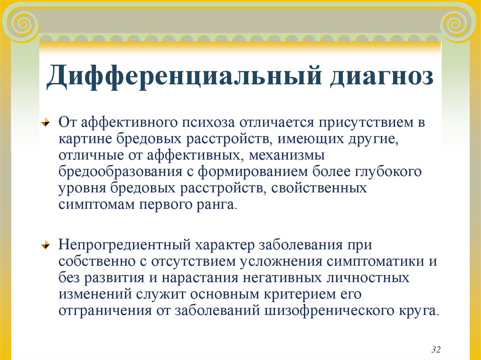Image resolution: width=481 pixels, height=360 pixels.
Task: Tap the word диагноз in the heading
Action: coord(382,76)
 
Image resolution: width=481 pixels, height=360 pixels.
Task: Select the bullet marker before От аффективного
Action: coord(46,123)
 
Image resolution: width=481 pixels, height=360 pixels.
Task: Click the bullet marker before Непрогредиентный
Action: coord(46,245)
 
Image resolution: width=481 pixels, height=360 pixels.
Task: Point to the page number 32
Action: coord(436,349)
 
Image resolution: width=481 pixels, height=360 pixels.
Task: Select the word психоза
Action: coord(208,123)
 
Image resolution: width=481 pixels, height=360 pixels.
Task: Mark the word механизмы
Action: coord(286,155)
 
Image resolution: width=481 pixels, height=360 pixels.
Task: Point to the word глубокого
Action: coord(388,172)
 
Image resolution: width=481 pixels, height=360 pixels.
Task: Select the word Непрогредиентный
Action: coord(124,245)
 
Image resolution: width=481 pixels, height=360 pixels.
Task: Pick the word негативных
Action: coord(282,277)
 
